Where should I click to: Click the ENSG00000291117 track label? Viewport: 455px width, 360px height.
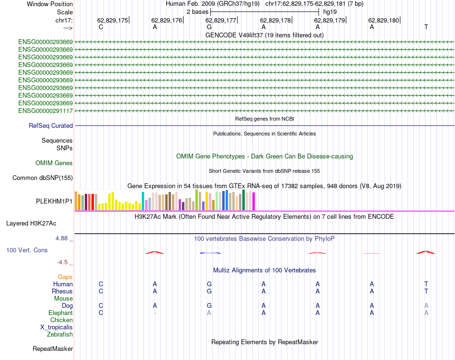45,111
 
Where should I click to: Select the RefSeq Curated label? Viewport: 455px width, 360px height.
51,126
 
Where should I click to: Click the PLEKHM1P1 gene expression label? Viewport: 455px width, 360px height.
54,202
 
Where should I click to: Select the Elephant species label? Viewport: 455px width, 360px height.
60,313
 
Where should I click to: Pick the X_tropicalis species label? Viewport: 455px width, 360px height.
57,327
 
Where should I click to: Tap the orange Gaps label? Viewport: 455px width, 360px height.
65,277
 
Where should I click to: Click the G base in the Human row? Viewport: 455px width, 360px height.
209,284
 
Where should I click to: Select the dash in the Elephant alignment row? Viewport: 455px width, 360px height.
155,313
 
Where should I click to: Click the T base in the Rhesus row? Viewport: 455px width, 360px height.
426,292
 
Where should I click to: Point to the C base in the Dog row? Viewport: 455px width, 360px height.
101,306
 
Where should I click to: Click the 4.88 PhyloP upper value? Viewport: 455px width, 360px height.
63,238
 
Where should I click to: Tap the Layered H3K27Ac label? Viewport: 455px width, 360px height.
31,224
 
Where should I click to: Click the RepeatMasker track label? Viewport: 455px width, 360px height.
53,349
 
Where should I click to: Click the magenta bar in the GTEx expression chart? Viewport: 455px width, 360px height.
254,201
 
